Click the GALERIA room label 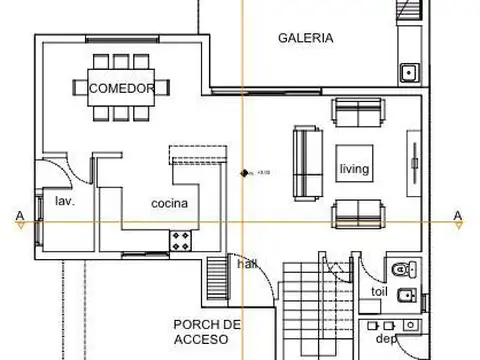[305, 38]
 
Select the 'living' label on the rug [354, 169]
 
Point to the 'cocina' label [170, 204]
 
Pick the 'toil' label [379, 292]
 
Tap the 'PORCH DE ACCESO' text [207, 331]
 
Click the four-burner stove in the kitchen [181, 240]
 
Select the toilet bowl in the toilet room [401, 267]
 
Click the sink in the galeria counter [408, 72]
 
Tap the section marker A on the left [19, 214]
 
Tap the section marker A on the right [457, 215]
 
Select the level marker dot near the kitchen [243, 174]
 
